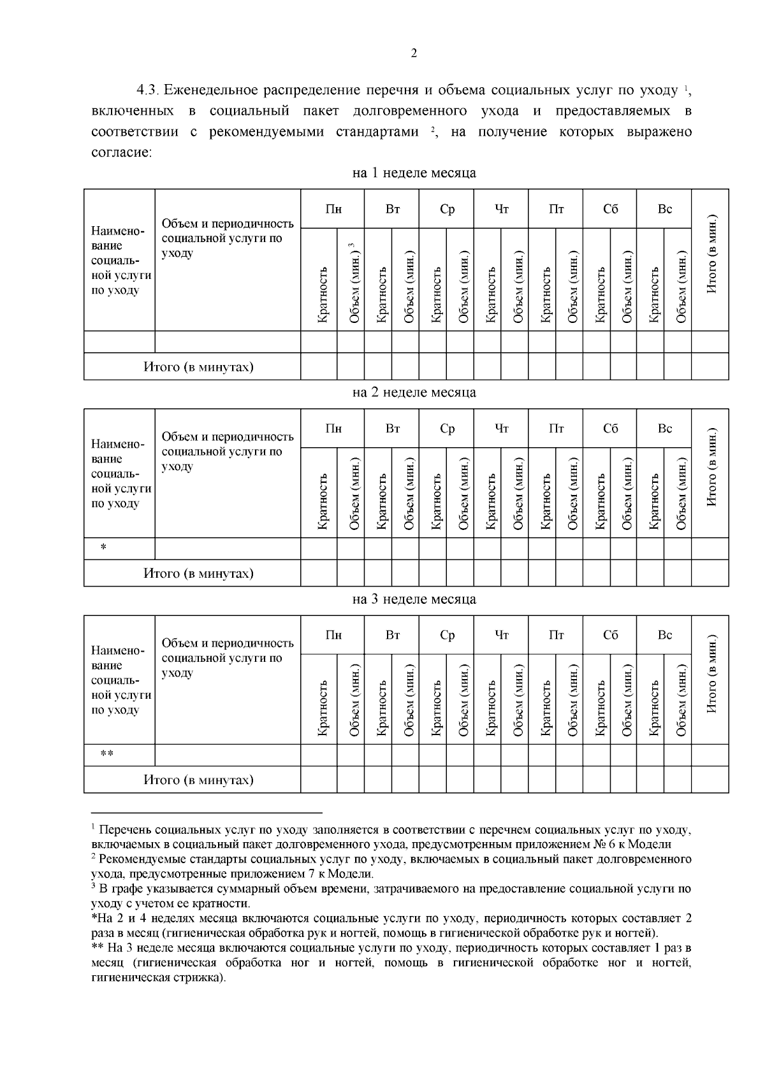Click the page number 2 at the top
414,54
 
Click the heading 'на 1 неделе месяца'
414,173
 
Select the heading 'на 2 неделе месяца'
414,392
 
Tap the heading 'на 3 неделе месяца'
414,599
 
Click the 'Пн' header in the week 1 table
333,210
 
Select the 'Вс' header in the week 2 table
665,429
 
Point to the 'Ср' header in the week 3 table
448,635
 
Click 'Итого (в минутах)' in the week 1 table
198,368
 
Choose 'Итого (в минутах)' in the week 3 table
198,780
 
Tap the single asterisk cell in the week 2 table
103,548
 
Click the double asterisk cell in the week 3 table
107,755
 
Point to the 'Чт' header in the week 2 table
502,429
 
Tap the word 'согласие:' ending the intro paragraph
121,153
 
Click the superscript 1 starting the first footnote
93,827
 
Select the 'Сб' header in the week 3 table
611,635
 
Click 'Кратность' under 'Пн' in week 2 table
323,500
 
